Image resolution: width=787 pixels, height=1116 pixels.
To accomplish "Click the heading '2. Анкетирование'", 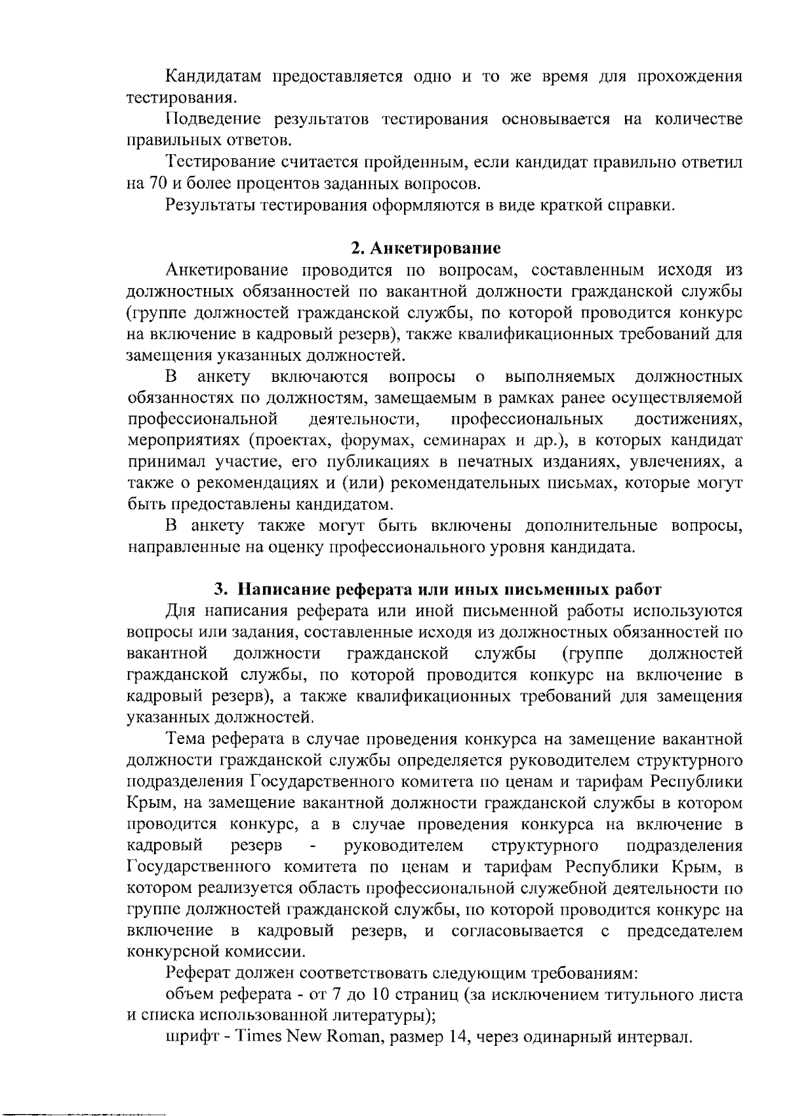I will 426,249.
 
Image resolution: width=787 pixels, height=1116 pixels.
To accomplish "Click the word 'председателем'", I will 684,932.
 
